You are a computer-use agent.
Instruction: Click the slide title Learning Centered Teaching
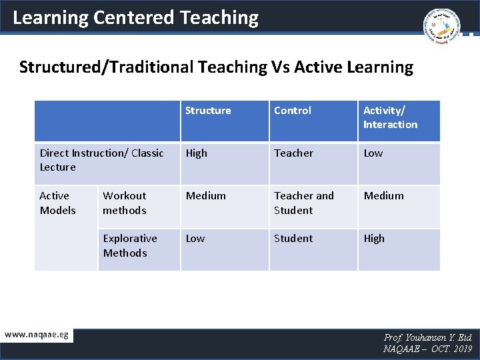tap(135, 17)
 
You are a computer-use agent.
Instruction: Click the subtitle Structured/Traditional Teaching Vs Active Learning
tap(216, 67)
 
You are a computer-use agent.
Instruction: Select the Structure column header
tap(208, 111)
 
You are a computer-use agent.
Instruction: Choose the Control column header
tap(293, 111)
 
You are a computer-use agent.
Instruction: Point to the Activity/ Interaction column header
tap(390, 117)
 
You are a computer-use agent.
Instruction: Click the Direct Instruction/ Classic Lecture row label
tap(101, 160)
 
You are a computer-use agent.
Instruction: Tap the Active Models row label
tap(57, 203)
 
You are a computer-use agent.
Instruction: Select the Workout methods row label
tap(125, 203)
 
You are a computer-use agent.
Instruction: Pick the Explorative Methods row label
tap(130, 245)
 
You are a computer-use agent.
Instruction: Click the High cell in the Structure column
tap(197, 153)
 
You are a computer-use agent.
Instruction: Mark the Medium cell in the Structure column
tap(205, 196)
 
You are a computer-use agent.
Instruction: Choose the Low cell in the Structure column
tap(195, 239)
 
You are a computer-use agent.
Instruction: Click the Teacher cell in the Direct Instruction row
tap(293, 153)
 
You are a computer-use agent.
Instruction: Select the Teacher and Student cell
tap(304, 203)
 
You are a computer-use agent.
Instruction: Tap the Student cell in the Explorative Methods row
tap(293, 239)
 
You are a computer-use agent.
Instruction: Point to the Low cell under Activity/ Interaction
tap(373, 153)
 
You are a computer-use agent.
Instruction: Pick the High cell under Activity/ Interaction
tap(374, 239)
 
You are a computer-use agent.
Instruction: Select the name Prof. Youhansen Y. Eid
tap(428, 338)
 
